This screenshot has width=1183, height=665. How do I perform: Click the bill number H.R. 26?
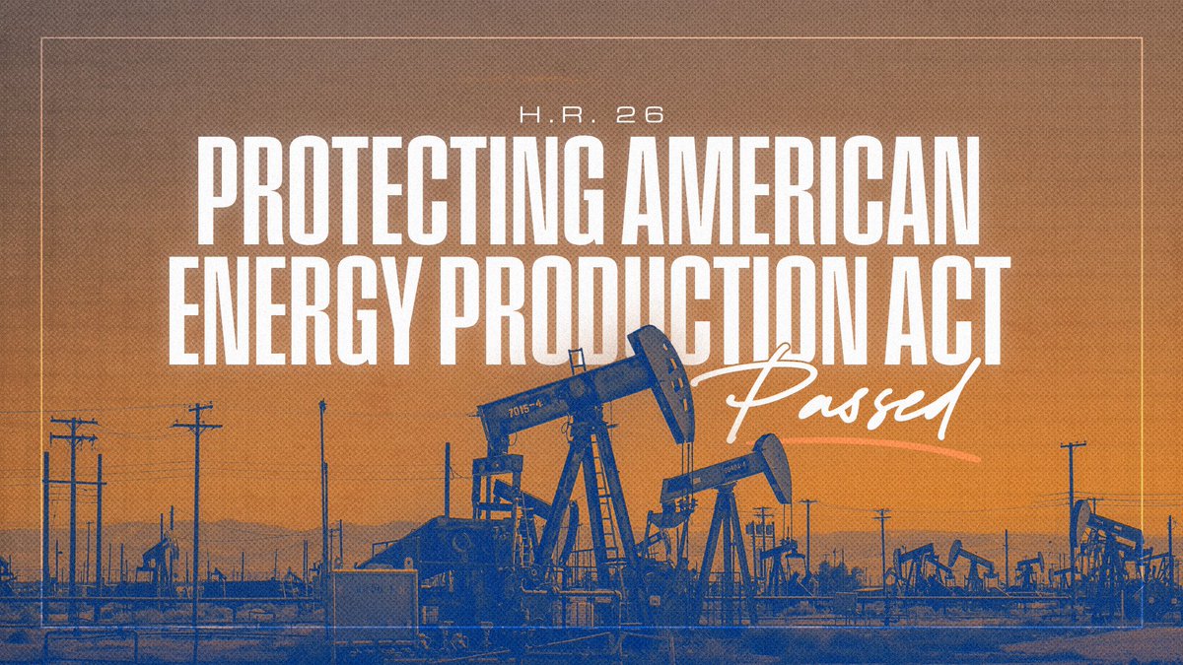591,116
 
